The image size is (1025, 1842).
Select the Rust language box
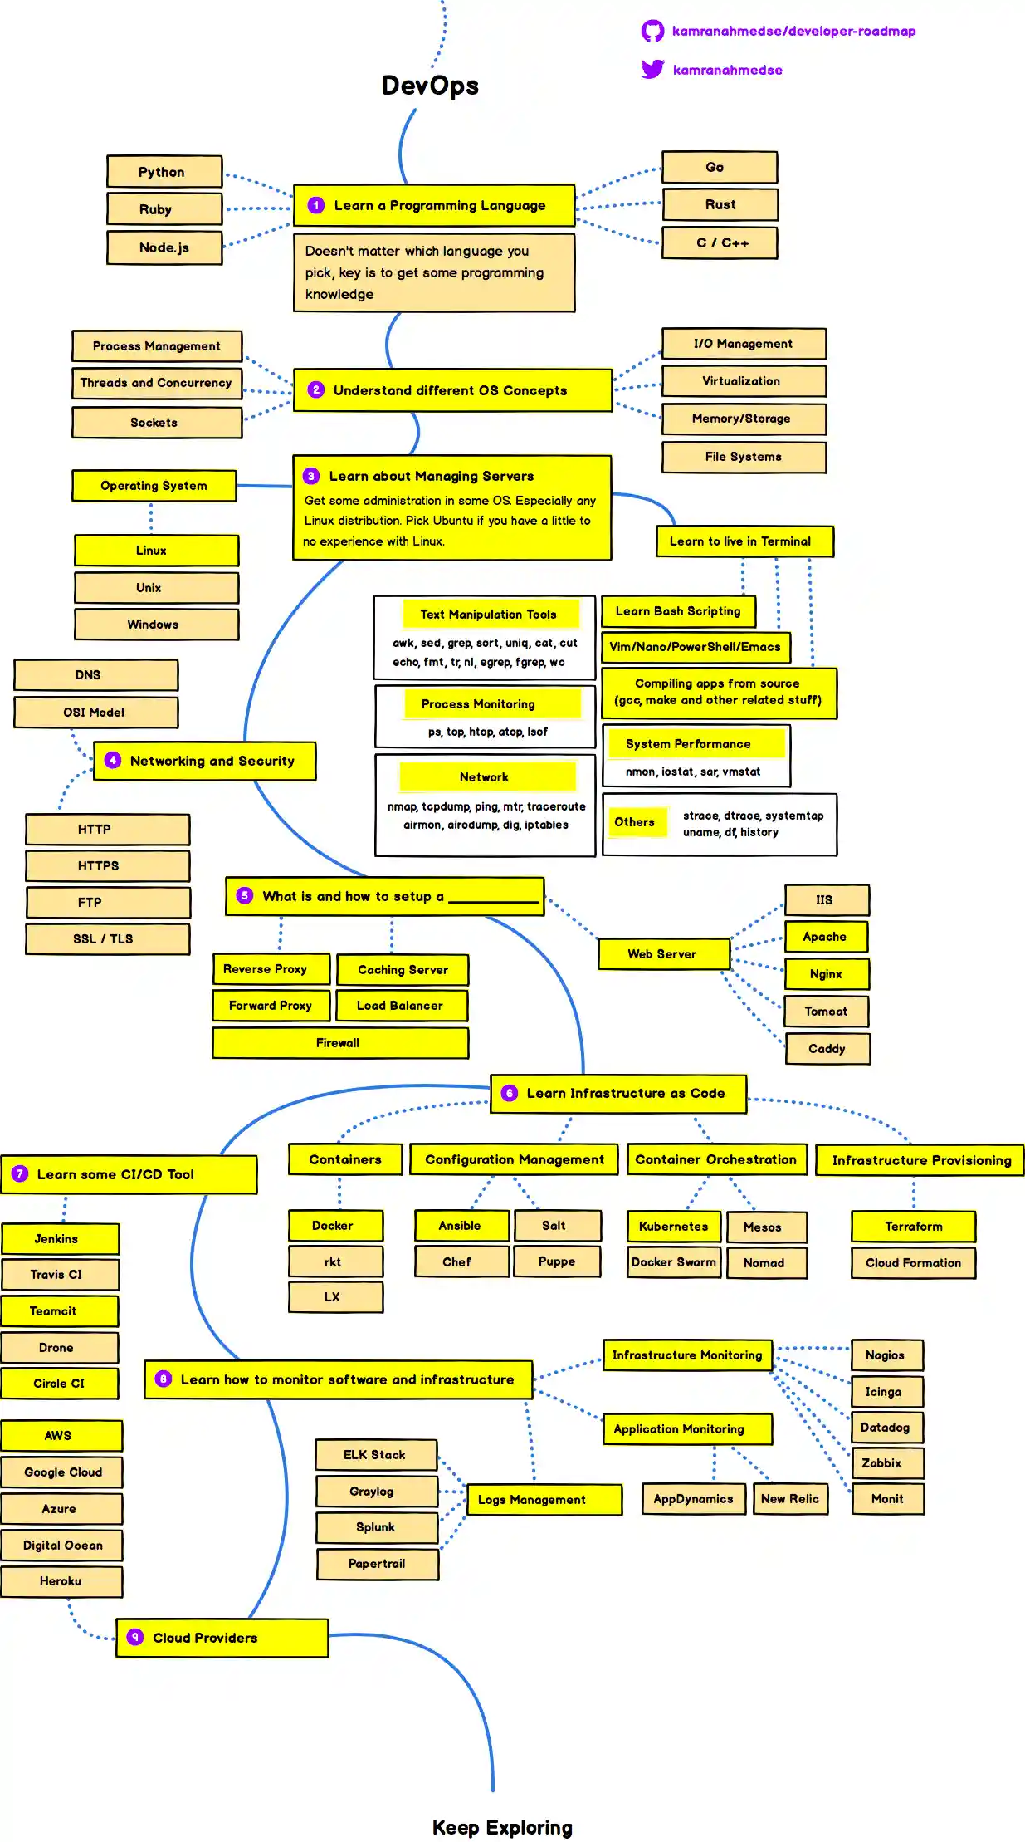click(x=720, y=205)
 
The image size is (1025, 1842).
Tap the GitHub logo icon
click(x=652, y=32)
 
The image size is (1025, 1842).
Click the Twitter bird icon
click(x=652, y=69)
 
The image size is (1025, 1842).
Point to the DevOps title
click(x=430, y=86)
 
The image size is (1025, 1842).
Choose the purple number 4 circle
click(x=113, y=760)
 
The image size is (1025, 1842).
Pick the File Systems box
click(x=744, y=457)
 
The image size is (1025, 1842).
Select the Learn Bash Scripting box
click(x=678, y=611)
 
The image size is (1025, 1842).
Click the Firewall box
click(x=339, y=1043)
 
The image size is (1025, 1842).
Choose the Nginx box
click(x=827, y=974)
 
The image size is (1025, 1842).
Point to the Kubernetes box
click(x=673, y=1227)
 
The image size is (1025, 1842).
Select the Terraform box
click(x=913, y=1227)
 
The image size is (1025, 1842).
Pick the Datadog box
click(x=886, y=1428)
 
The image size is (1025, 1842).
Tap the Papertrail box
click(x=377, y=1564)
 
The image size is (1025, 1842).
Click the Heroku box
click(x=61, y=1581)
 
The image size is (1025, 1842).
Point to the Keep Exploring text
click(x=502, y=1828)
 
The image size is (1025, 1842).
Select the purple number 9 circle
click(x=135, y=1637)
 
